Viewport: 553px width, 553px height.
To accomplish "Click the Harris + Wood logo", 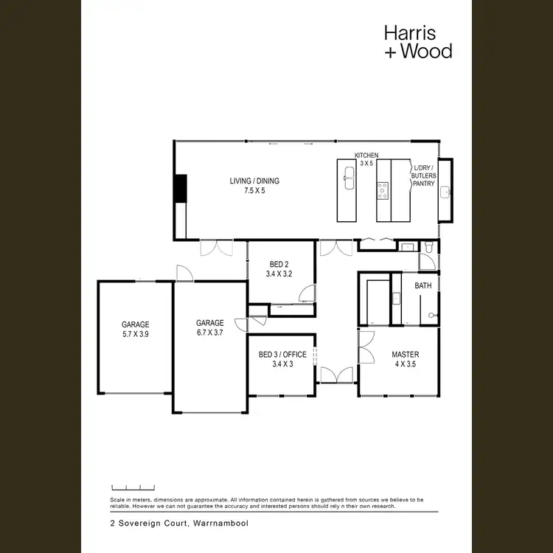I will tap(417, 41).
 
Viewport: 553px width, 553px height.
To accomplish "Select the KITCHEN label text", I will tap(366, 156).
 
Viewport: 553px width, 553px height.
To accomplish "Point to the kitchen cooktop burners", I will tap(383, 191).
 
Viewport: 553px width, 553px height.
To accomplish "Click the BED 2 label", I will tap(279, 264).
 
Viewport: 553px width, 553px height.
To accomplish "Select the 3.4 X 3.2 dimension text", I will tap(279, 274).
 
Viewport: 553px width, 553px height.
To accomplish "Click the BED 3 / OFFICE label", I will tap(282, 355).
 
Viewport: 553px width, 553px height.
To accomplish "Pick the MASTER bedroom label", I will tap(405, 355).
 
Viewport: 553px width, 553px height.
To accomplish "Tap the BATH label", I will tap(422, 285).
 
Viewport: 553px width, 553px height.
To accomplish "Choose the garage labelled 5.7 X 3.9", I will tap(135, 329).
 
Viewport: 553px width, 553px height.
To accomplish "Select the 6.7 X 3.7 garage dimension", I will tap(209, 333).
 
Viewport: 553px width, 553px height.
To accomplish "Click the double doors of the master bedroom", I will tap(364, 347).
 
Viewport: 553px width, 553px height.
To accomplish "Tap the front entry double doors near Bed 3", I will tap(337, 376).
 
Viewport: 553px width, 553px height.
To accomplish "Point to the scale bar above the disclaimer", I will tap(133, 487).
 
